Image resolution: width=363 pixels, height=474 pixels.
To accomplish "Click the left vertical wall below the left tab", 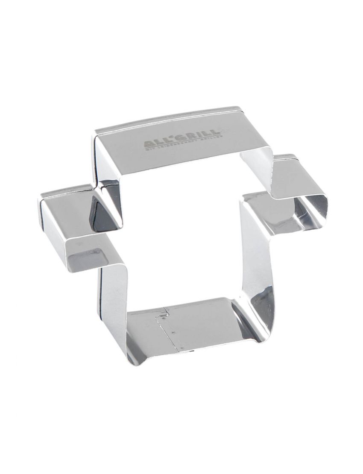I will [x=113, y=299].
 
